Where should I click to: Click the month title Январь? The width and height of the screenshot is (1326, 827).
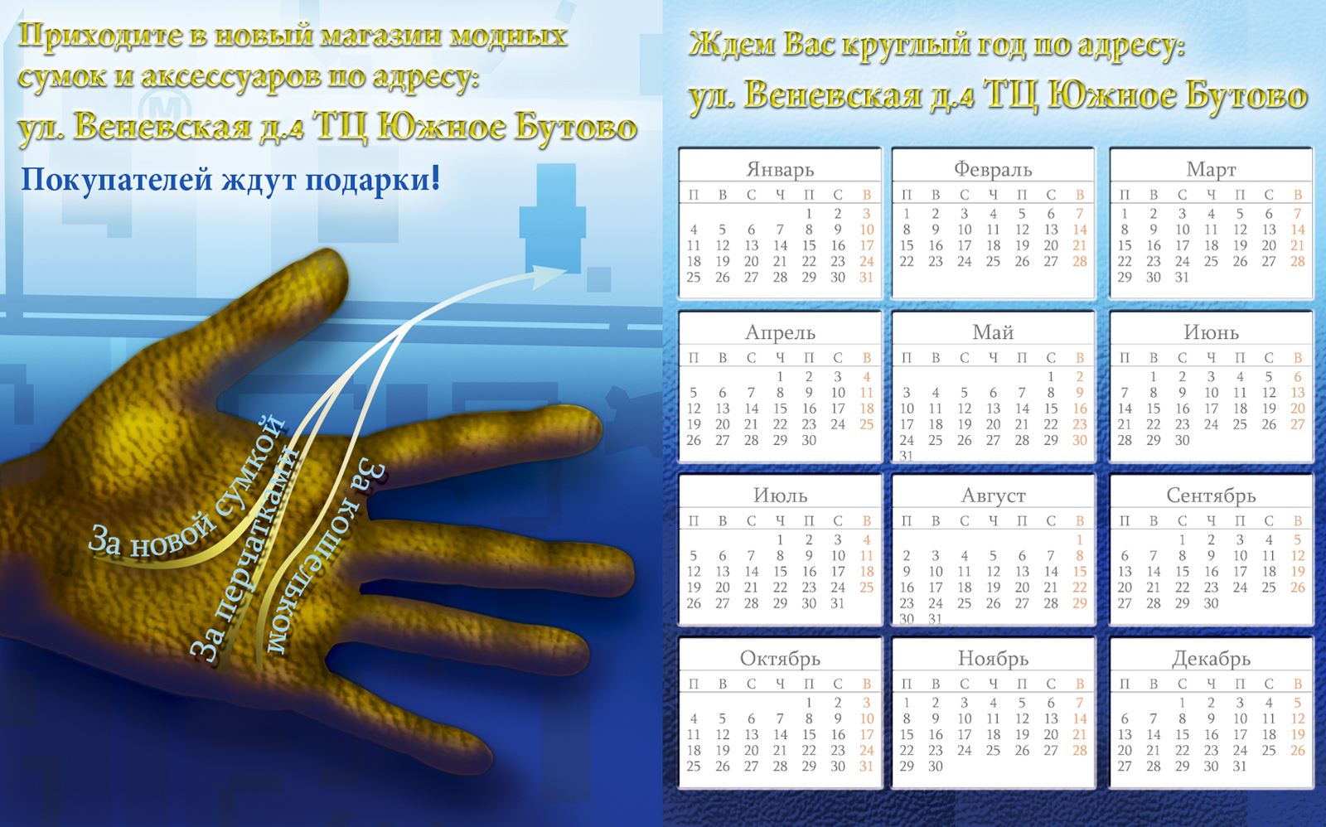pyautogui.click(x=780, y=169)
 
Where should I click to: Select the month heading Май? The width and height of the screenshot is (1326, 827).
pyautogui.click(x=993, y=332)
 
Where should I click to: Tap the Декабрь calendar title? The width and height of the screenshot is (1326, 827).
pyautogui.click(x=1211, y=659)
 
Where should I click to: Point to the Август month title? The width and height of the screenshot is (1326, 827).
pyautogui.click(x=993, y=496)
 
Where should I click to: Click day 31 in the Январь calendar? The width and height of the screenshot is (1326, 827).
pyautogui.click(x=866, y=278)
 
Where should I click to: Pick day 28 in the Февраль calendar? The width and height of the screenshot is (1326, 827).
pyautogui.click(x=1079, y=262)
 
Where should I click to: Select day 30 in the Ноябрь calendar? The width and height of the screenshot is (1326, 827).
pyautogui.click(x=936, y=767)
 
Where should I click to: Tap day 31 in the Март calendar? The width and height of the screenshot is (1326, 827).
pyautogui.click(x=1182, y=278)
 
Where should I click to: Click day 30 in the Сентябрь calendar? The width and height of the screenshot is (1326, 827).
pyautogui.click(x=1211, y=603)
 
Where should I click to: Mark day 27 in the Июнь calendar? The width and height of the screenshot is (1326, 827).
pyautogui.click(x=1297, y=424)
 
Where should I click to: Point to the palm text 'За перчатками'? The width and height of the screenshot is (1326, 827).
pyautogui.click(x=244, y=555)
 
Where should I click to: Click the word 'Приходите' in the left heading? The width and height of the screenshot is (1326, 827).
pyautogui.click(x=99, y=36)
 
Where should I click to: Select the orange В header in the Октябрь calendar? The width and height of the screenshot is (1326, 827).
pyautogui.click(x=866, y=684)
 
